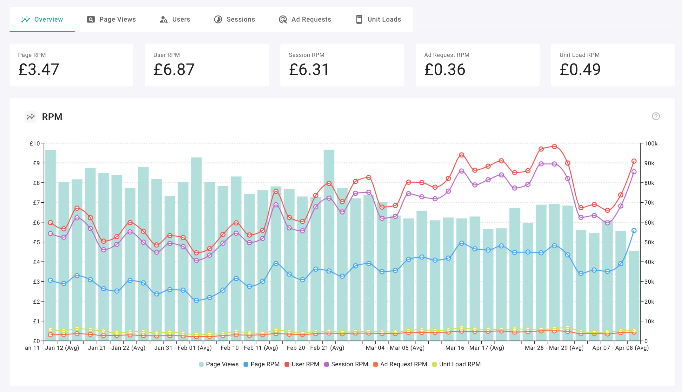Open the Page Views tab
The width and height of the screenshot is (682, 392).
click(x=111, y=19)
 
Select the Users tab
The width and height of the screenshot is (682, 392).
click(x=175, y=19)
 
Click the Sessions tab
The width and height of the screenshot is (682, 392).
click(x=234, y=19)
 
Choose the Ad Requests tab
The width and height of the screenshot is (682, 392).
click(x=305, y=19)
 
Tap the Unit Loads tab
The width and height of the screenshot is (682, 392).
click(x=378, y=19)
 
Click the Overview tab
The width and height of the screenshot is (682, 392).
click(x=42, y=19)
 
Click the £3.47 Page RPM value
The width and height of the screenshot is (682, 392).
click(x=39, y=70)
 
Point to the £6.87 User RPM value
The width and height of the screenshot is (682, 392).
click(x=174, y=70)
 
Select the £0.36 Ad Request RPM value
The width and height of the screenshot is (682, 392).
click(x=445, y=70)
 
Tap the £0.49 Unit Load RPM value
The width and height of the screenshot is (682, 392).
click(x=580, y=70)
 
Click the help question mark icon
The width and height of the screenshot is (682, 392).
click(x=656, y=116)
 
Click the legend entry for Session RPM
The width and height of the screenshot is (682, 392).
click(x=346, y=364)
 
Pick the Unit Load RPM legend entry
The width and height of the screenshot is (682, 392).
click(x=456, y=364)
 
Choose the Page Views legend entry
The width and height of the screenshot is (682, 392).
click(x=219, y=364)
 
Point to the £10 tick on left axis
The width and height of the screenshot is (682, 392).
click(x=35, y=144)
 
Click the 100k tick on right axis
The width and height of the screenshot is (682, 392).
click(x=651, y=144)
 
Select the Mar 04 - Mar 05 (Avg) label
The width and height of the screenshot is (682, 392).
click(x=395, y=348)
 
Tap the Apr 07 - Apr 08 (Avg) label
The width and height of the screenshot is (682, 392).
click(x=620, y=348)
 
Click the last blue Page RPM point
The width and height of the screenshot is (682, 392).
click(x=634, y=231)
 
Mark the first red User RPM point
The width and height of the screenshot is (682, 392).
click(x=50, y=223)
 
